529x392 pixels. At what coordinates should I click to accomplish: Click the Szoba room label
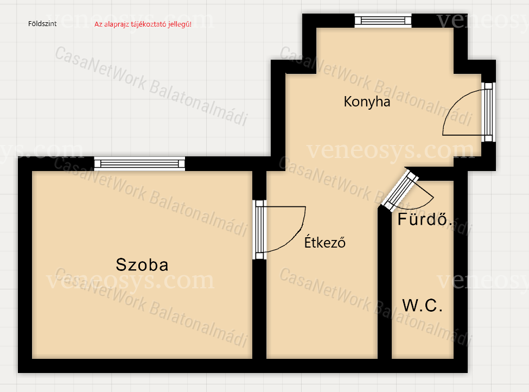coord(142,265)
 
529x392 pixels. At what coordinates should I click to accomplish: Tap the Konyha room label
coord(367,102)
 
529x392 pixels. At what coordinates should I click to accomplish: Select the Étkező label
coord(325,242)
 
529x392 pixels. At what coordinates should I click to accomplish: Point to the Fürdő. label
coord(425,219)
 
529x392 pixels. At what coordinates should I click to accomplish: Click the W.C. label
coord(423,305)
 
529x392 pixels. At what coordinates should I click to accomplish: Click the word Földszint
coord(42,24)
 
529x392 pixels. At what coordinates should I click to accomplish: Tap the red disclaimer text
coord(143,24)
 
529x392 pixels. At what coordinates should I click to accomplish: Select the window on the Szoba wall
coord(139,164)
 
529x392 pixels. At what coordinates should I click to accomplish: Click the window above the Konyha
coord(383,21)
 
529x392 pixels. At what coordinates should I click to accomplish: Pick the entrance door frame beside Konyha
coord(488,112)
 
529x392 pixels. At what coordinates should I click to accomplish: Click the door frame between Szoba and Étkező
coord(259,230)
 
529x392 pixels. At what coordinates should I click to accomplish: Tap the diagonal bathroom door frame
coord(400,191)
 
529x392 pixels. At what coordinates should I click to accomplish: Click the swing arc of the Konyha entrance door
coord(455,103)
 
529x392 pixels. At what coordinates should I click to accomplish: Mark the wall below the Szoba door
coord(259,309)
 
